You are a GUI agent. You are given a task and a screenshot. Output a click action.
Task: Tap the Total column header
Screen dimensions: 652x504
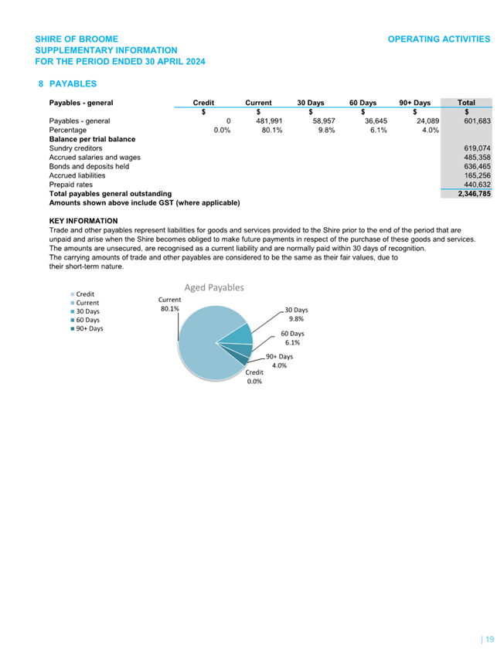(466, 103)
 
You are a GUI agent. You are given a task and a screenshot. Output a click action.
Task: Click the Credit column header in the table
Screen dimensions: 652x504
(203, 103)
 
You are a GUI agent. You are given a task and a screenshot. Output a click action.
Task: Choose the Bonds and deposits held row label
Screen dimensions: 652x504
(89, 166)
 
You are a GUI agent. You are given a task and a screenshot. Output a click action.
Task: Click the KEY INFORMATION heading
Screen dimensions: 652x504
(83, 221)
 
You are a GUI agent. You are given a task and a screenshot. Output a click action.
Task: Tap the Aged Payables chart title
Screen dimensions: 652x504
(213, 287)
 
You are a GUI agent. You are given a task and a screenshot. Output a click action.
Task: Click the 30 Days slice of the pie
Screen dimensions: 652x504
(241, 334)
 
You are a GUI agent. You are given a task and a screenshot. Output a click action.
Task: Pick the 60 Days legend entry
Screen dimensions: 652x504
(87, 320)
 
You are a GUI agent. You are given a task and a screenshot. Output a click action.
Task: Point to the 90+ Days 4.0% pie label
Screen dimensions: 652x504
(279, 362)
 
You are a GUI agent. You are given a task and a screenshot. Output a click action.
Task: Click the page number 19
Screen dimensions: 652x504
(489, 639)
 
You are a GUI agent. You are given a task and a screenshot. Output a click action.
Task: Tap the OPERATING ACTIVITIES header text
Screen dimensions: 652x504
(438, 39)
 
